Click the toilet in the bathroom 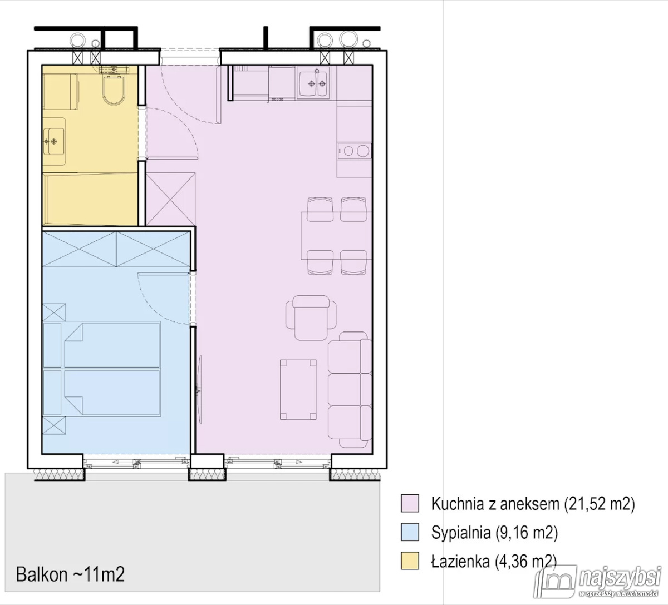click(x=115, y=90)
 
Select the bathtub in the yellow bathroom click(x=91, y=199)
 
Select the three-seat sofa click(x=350, y=390)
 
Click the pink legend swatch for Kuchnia click(x=410, y=504)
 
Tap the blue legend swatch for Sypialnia click(x=410, y=533)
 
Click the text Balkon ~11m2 click(x=70, y=574)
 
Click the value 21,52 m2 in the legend click(x=600, y=504)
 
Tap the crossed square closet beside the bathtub click(x=171, y=199)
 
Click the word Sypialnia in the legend click(x=460, y=533)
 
